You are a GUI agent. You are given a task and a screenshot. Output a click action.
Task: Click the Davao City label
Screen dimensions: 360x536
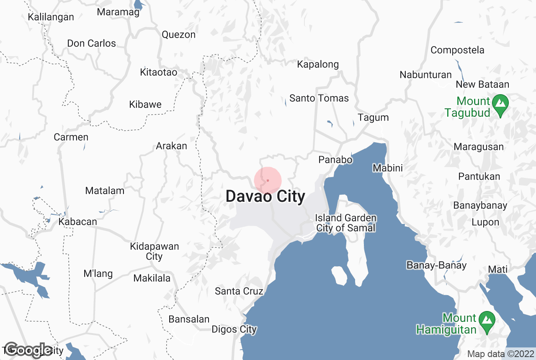pyautogui.click(x=265, y=196)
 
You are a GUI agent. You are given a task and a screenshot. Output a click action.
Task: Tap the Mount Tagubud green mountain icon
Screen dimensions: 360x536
pyautogui.click(x=500, y=103)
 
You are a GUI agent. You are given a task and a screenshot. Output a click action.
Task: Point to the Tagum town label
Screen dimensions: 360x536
pyautogui.click(x=373, y=118)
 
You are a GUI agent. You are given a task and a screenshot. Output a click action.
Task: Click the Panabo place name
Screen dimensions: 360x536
pyautogui.click(x=335, y=159)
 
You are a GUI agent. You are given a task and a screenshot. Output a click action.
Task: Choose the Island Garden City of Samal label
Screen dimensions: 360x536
pyautogui.click(x=346, y=223)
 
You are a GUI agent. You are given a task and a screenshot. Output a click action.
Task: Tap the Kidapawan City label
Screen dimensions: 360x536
pyautogui.click(x=154, y=251)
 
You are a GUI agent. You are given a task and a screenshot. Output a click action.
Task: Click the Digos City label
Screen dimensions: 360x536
pyautogui.click(x=234, y=329)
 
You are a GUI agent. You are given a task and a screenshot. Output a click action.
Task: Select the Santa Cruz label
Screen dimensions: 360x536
pyautogui.click(x=239, y=291)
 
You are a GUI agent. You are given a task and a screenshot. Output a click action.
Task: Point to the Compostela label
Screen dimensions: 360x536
pyautogui.click(x=457, y=50)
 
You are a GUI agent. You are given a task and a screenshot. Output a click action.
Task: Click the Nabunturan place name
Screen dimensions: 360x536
pyautogui.click(x=425, y=75)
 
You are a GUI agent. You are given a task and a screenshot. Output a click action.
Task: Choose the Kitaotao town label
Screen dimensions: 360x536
pyautogui.click(x=159, y=72)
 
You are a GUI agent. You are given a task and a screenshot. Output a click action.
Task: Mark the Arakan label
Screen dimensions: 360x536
pyautogui.click(x=171, y=146)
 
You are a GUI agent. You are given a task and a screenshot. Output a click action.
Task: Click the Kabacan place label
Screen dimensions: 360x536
pyautogui.click(x=78, y=221)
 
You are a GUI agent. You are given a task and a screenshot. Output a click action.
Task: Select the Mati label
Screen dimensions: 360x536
pyautogui.click(x=498, y=269)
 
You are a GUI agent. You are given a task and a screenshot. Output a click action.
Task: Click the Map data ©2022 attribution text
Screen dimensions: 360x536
pyautogui.click(x=501, y=354)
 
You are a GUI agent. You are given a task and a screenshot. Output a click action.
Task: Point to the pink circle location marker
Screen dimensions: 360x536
pyautogui.click(x=268, y=180)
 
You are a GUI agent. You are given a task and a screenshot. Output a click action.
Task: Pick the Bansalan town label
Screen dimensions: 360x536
pyautogui.click(x=189, y=319)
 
